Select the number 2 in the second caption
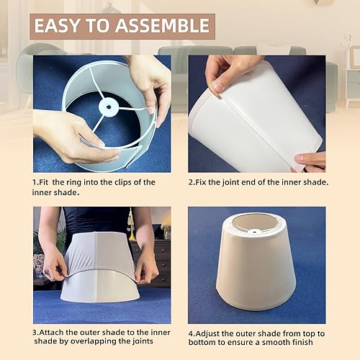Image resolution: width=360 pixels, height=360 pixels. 192,182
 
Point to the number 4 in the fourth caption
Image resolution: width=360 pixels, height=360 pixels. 192,333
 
